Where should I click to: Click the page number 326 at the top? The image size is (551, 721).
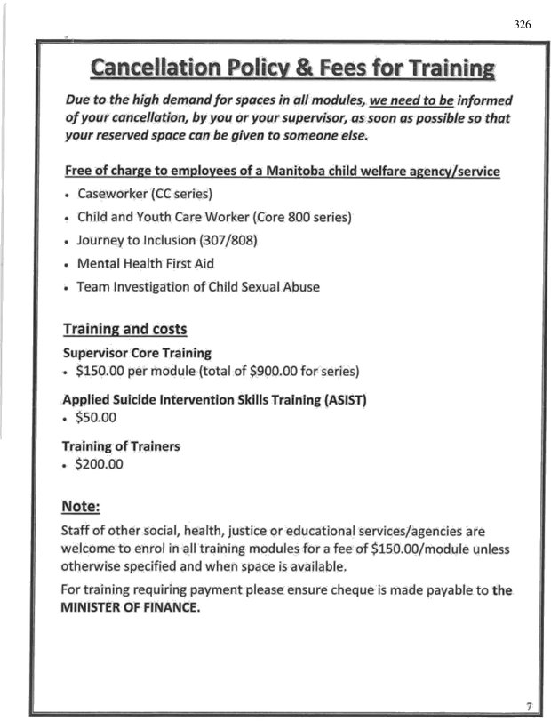(x=522, y=24)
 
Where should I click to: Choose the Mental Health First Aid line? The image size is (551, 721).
(x=145, y=264)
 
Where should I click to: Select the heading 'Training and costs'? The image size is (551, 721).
(x=124, y=329)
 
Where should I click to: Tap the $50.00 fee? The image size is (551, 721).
(x=97, y=417)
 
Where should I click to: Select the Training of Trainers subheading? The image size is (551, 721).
(x=120, y=445)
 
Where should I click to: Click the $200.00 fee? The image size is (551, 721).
(x=100, y=463)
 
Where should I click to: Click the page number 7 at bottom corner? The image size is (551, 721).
(x=528, y=706)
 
